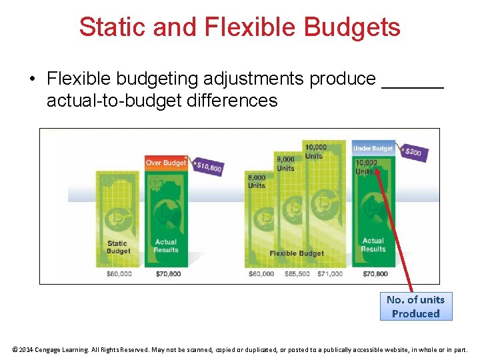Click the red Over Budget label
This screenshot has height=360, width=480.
coord(166,163)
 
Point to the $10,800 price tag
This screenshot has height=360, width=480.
coord(209,167)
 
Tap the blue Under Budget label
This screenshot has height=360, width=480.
coord(373,148)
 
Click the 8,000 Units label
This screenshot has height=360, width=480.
coord(257,181)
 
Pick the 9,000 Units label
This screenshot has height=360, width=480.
coord(285,163)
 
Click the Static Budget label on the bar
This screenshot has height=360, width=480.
coord(118,247)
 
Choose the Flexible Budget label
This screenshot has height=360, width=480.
coord(297,253)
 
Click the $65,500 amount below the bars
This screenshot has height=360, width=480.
coord(297,274)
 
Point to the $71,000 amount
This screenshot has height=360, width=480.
coord(330,274)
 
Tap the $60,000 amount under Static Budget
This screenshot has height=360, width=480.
coord(119,274)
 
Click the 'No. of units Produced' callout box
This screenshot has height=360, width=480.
coord(415,307)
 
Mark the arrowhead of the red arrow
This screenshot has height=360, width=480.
coord(376,169)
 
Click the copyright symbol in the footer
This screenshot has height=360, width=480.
coord(15,349)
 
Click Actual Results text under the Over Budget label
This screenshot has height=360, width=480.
coord(166,246)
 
